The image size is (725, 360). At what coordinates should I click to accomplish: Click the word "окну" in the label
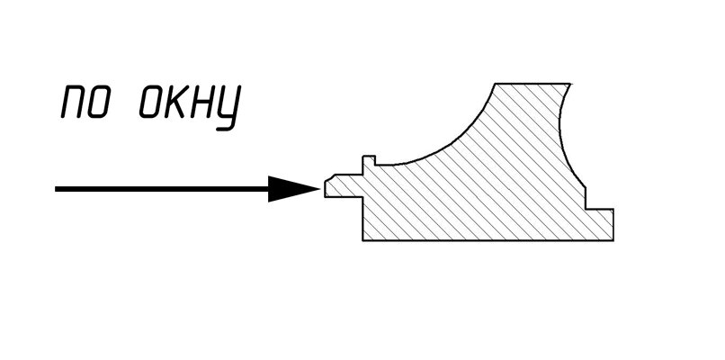click(190, 106)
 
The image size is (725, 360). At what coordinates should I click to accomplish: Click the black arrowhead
click(292, 188)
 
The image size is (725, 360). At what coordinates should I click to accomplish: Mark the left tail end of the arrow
click(58, 189)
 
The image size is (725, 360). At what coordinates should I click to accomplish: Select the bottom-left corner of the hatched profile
click(362, 240)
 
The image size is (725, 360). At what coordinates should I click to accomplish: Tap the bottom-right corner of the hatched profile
click(614, 240)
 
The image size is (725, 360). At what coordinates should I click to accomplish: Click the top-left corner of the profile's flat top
click(496, 84)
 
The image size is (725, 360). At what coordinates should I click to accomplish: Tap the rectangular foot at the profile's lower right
click(601, 224)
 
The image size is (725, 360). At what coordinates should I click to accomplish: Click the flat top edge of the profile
click(535, 84)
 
